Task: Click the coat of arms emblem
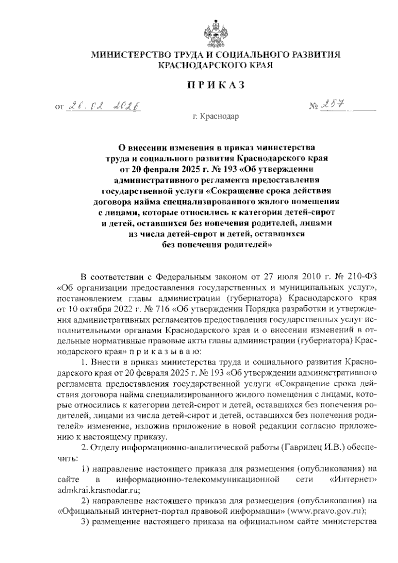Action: coord(216,30)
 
